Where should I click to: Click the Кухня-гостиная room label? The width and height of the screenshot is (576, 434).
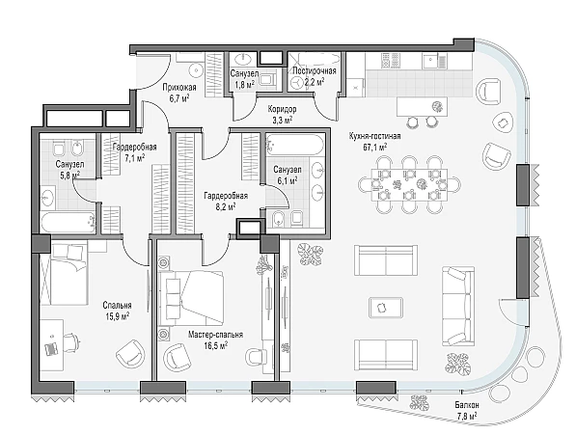(x=374, y=136)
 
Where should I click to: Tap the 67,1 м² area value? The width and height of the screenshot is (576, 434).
(x=375, y=148)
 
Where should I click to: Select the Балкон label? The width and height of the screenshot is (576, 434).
(x=467, y=405)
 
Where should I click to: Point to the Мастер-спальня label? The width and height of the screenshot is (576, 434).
(x=215, y=335)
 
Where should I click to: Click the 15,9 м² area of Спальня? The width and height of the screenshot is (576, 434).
(x=117, y=316)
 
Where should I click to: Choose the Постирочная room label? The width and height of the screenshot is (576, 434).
(x=315, y=70)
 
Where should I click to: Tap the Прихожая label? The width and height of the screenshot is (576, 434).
(x=179, y=88)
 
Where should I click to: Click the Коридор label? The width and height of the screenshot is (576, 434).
(x=282, y=109)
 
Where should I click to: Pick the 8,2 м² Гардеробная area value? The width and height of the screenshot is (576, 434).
(x=226, y=206)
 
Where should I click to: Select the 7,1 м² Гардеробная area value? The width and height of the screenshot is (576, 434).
(x=134, y=158)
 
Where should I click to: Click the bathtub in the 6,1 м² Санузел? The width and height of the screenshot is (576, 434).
(x=295, y=145)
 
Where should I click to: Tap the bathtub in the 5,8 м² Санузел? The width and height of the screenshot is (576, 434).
(x=68, y=222)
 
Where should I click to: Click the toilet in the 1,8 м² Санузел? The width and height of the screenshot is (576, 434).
(x=268, y=78)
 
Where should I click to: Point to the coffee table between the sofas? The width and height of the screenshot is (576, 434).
(x=386, y=307)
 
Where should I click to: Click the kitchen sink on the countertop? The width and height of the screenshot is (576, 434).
(x=429, y=61)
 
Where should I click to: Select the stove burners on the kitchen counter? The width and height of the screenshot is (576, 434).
(x=390, y=61)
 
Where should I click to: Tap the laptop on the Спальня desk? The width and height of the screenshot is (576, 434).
(x=51, y=348)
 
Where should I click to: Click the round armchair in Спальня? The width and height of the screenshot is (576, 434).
(x=130, y=352)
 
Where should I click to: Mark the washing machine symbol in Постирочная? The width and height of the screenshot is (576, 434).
(x=296, y=83)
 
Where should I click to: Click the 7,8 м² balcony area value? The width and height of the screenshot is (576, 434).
(x=467, y=417)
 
